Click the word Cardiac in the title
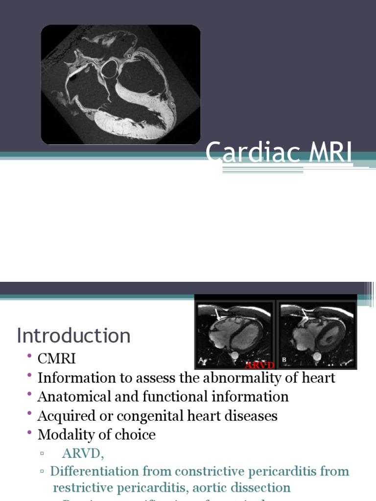pyautogui.click(x=246, y=154)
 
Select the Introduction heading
pyautogui.click(x=74, y=336)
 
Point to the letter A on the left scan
pyautogui.click(x=201, y=360)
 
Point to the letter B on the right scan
pyautogui.click(x=284, y=360)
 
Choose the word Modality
pyautogui.click(x=68, y=434)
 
